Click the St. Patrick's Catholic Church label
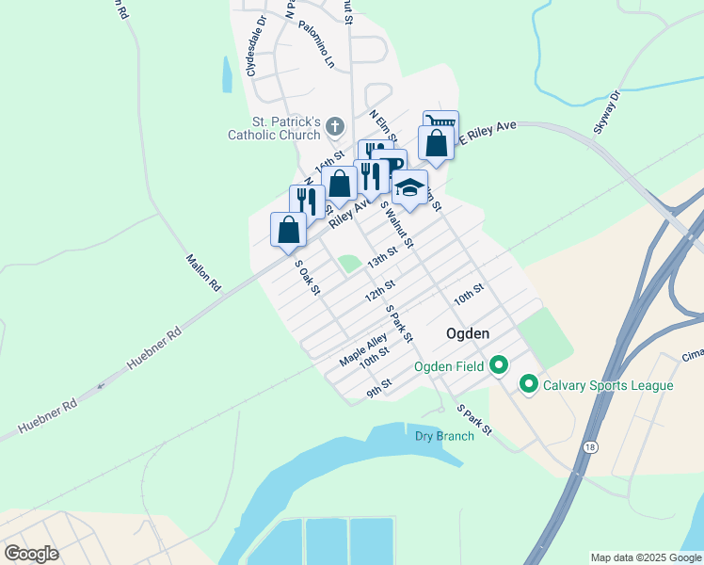[x=275, y=129]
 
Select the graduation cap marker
[x=409, y=186]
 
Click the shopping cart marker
[x=440, y=123]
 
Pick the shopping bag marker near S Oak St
[x=288, y=230]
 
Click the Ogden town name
[x=467, y=334]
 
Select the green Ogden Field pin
[x=499, y=365]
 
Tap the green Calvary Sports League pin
[x=528, y=385]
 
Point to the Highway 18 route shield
[x=589, y=447]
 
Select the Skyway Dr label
[x=608, y=113]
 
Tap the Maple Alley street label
[x=363, y=352]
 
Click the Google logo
[x=31, y=554]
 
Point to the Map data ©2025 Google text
[x=645, y=557]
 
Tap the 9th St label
[x=379, y=387]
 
